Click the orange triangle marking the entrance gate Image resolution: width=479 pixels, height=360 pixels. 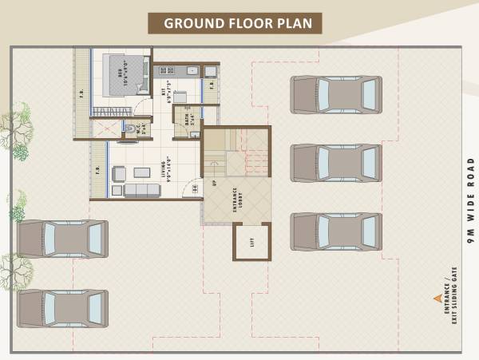point(437,298)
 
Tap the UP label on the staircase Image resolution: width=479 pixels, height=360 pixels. point(215,183)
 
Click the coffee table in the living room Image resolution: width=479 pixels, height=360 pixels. point(142,172)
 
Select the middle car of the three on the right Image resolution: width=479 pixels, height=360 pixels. point(336,164)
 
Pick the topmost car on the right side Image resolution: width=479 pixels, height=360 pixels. point(336,95)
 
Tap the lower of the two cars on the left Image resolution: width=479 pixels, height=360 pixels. point(63,307)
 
